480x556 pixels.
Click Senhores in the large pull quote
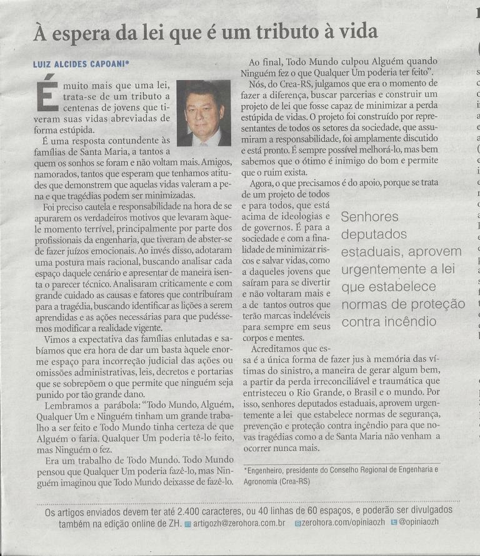click(370, 217)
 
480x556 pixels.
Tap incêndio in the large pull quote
click(411, 322)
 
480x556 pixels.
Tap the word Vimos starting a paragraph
click(56, 338)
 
